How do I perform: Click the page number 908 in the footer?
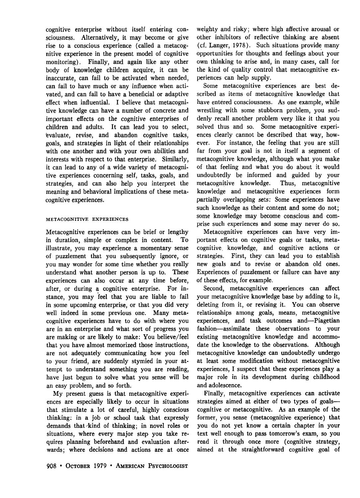(x=51, y=466)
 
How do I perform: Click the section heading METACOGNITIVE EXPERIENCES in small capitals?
(x=87, y=219)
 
